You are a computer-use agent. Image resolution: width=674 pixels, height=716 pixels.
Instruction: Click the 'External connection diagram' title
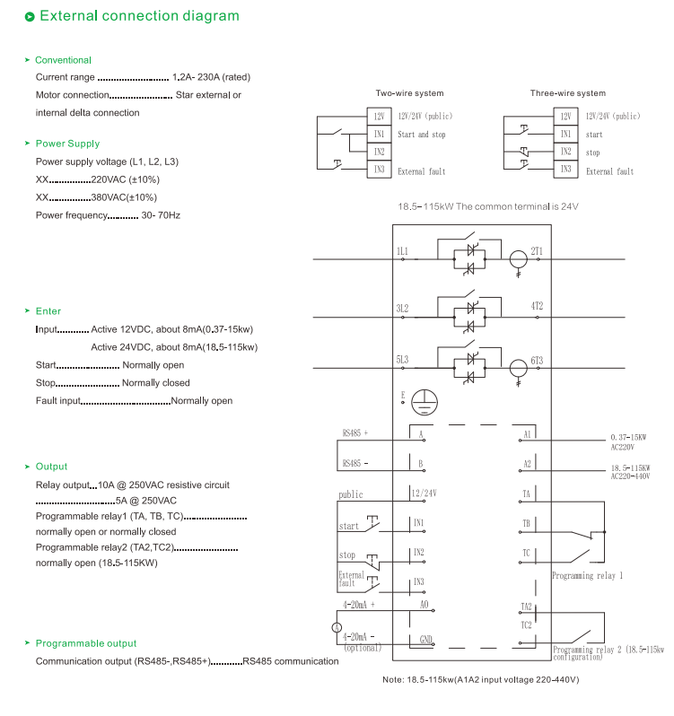(139, 16)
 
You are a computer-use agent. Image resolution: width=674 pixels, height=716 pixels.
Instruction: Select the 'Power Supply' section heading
(67, 144)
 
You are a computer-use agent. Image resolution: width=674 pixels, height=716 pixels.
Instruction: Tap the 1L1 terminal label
(402, 251)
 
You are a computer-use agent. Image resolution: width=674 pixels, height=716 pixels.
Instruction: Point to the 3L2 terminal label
(402, 307)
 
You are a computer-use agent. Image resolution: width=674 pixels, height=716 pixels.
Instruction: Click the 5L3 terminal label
(402, 360)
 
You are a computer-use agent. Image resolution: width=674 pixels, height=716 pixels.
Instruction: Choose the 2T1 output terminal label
(537, 251)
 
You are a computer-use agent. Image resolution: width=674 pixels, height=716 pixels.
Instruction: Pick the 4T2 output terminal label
(537, 306)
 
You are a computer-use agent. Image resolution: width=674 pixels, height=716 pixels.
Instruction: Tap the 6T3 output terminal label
(537, 360)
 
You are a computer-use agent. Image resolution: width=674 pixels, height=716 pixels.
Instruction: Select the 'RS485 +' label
(355, 432)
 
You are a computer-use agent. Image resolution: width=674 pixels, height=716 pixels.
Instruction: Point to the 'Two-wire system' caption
(409, 93)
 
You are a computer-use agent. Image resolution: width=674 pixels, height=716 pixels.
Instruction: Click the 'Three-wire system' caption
(567, 93)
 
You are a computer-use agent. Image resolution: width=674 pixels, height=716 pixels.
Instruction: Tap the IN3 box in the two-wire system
(379, 170)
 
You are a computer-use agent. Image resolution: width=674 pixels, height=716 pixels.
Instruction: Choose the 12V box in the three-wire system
(565, 117)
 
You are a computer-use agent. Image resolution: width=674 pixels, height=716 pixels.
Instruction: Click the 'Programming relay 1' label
(587, 575)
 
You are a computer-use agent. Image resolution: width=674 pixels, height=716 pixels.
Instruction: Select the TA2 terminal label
(527, 607)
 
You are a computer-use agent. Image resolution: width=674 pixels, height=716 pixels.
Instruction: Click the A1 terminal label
(528, 434)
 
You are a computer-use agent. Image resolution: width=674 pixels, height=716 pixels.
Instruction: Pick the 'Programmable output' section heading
(85, 643)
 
